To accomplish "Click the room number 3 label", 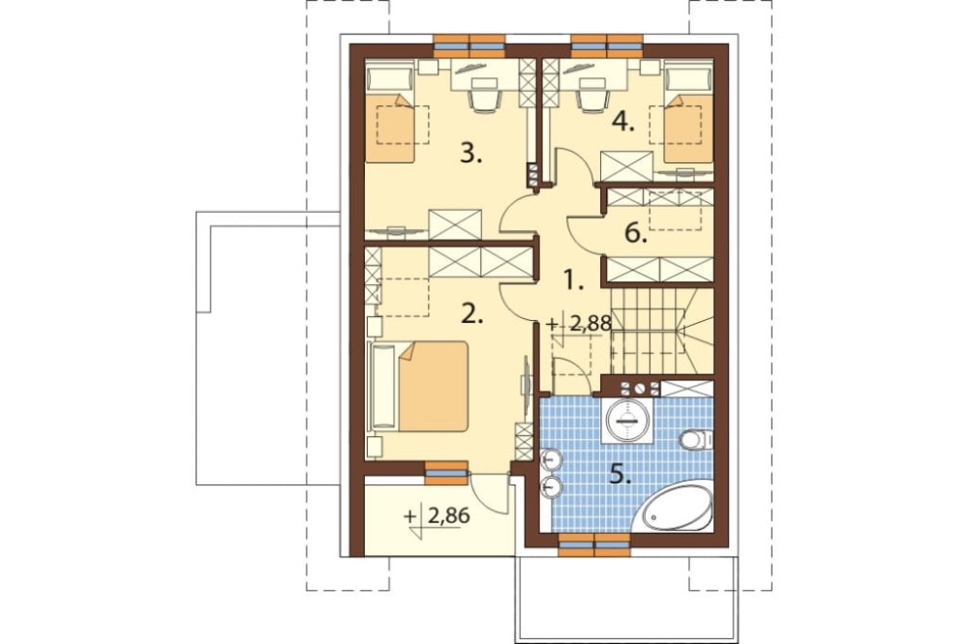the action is (471, 154).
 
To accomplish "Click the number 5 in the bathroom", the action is (620, 475).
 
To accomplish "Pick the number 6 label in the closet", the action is (636, 233).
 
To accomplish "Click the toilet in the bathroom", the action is (696, 440).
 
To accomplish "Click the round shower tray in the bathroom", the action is (628, 421).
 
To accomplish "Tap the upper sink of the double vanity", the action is (552, 460).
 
